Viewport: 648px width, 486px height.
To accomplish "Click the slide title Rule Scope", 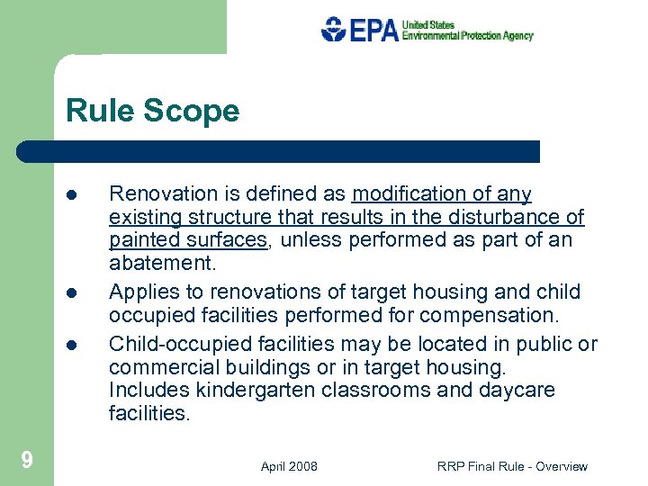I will pyautogui.click(x=152, y=111).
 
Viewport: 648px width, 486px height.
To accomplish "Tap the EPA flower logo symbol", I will pyautogui.click(x=334, y=29).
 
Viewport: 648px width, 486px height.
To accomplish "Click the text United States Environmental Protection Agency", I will pyautogui.click(x=467, y=30).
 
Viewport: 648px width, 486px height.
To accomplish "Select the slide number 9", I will pyautogui.click(x=27, y=461).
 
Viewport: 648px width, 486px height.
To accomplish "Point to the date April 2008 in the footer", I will pyautogui.click(x=289, y=466).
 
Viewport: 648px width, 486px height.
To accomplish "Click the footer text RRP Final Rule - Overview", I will pyautogui.click(x=512, y=466).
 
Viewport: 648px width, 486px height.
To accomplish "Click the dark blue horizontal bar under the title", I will pyautogui.click(x=279, y=151).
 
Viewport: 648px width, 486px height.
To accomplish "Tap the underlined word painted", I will pyautogui.click(x=141, y=240).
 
